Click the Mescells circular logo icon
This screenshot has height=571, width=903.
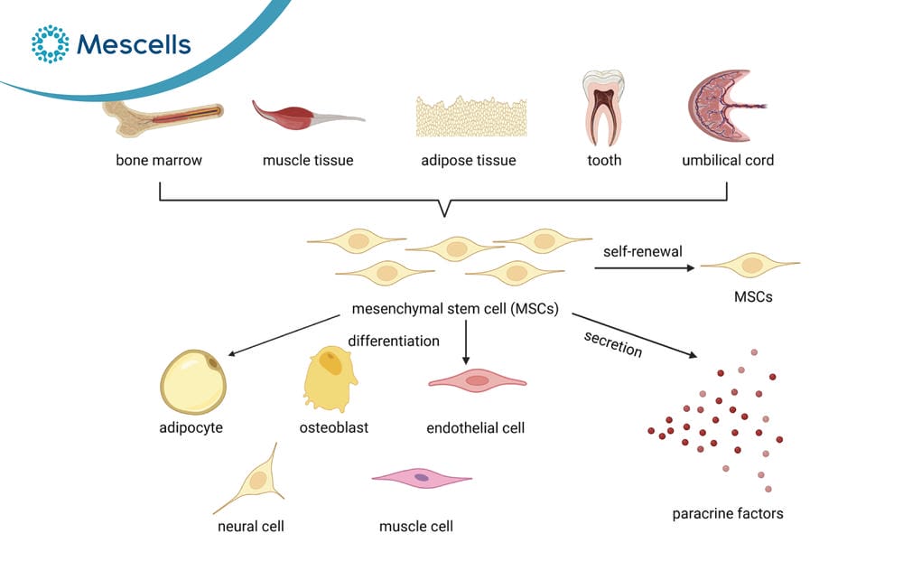[x=50, y=43]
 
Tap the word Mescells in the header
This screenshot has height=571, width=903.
[x=134, y=44]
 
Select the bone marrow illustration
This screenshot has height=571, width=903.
[x=163, y=117]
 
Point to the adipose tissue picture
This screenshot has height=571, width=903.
[x=471, y=117]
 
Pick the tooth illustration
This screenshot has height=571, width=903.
[x=603, y=108]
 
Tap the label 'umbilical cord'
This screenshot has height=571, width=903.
[x=728, y=160]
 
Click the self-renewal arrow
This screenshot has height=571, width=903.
[x=645, y=268]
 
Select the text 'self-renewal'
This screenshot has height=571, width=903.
[x=643, y=251]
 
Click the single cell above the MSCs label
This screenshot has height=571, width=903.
[x=750, y=265]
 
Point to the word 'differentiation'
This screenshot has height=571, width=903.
[x=394, y=342]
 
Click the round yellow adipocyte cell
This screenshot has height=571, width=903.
[x=193, y=382]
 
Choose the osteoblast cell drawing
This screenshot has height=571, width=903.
[x=330, y=378]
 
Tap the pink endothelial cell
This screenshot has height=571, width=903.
[x=478, y=381]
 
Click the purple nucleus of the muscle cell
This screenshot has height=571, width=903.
[x=422, y=478]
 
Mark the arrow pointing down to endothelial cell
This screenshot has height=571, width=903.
[x=466, y=342]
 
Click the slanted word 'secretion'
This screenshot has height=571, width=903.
[x=613, y=344]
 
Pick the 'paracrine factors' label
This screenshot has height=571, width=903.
[x=728, y=513]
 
